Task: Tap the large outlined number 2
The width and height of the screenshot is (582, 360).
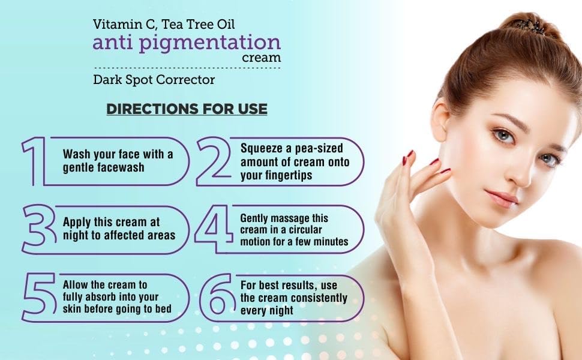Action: [216, 161]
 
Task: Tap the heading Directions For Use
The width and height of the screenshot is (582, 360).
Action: [187, 109]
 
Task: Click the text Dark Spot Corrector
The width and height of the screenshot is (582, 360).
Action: [154, 79]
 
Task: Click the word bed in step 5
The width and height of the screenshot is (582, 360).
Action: [164, 308]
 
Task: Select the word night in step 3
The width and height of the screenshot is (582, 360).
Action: [76, 235]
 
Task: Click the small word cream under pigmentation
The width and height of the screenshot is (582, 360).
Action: [261, 58]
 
